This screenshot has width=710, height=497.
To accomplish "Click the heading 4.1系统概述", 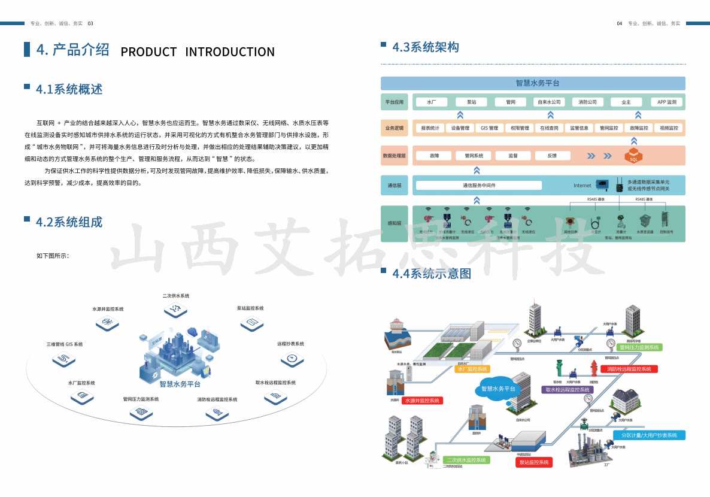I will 69,90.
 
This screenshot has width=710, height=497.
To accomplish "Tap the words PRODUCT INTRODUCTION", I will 198,52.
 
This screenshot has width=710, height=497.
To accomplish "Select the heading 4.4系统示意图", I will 431,274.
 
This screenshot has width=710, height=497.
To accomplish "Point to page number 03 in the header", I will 90,23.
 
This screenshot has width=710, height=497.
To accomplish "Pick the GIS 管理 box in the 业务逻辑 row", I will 489,128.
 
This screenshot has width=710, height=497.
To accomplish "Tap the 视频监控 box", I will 669,128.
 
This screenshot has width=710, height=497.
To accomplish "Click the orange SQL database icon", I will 633,156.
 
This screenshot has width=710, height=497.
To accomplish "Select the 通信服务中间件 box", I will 479,186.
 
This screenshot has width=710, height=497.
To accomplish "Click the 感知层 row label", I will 394,224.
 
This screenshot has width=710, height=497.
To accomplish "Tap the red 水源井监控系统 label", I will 422,401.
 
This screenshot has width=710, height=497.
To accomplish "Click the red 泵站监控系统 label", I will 534,462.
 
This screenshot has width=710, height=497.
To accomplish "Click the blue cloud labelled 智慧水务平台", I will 498,389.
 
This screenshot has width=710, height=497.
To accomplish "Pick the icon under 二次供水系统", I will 175,309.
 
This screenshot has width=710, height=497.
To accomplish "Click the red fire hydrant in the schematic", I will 594,366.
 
